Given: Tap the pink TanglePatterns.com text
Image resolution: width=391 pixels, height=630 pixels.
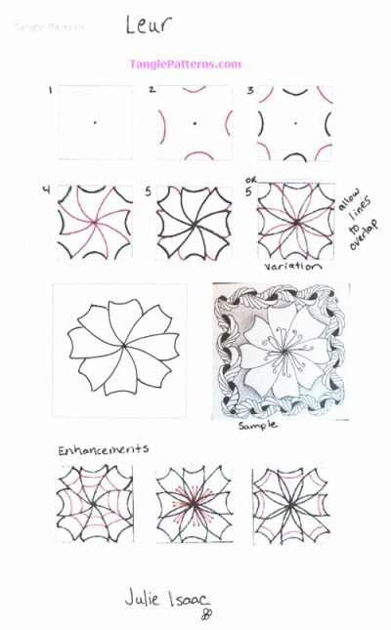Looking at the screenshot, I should click(185, 64).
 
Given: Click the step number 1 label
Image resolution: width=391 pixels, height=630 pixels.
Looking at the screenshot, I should click(49, 90).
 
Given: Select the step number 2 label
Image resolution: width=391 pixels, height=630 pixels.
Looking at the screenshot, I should click(152, 90).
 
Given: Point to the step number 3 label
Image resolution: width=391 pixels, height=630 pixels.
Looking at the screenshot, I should click(250, 90).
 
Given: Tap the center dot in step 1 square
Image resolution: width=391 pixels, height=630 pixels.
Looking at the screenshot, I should click(95, 122).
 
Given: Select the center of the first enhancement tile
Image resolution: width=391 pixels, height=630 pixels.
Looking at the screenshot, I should click(96, 504).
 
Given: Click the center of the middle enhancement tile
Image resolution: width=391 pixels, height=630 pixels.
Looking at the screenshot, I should click(193, 505).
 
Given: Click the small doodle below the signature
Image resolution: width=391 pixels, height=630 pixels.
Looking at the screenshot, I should click(207, 613).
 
